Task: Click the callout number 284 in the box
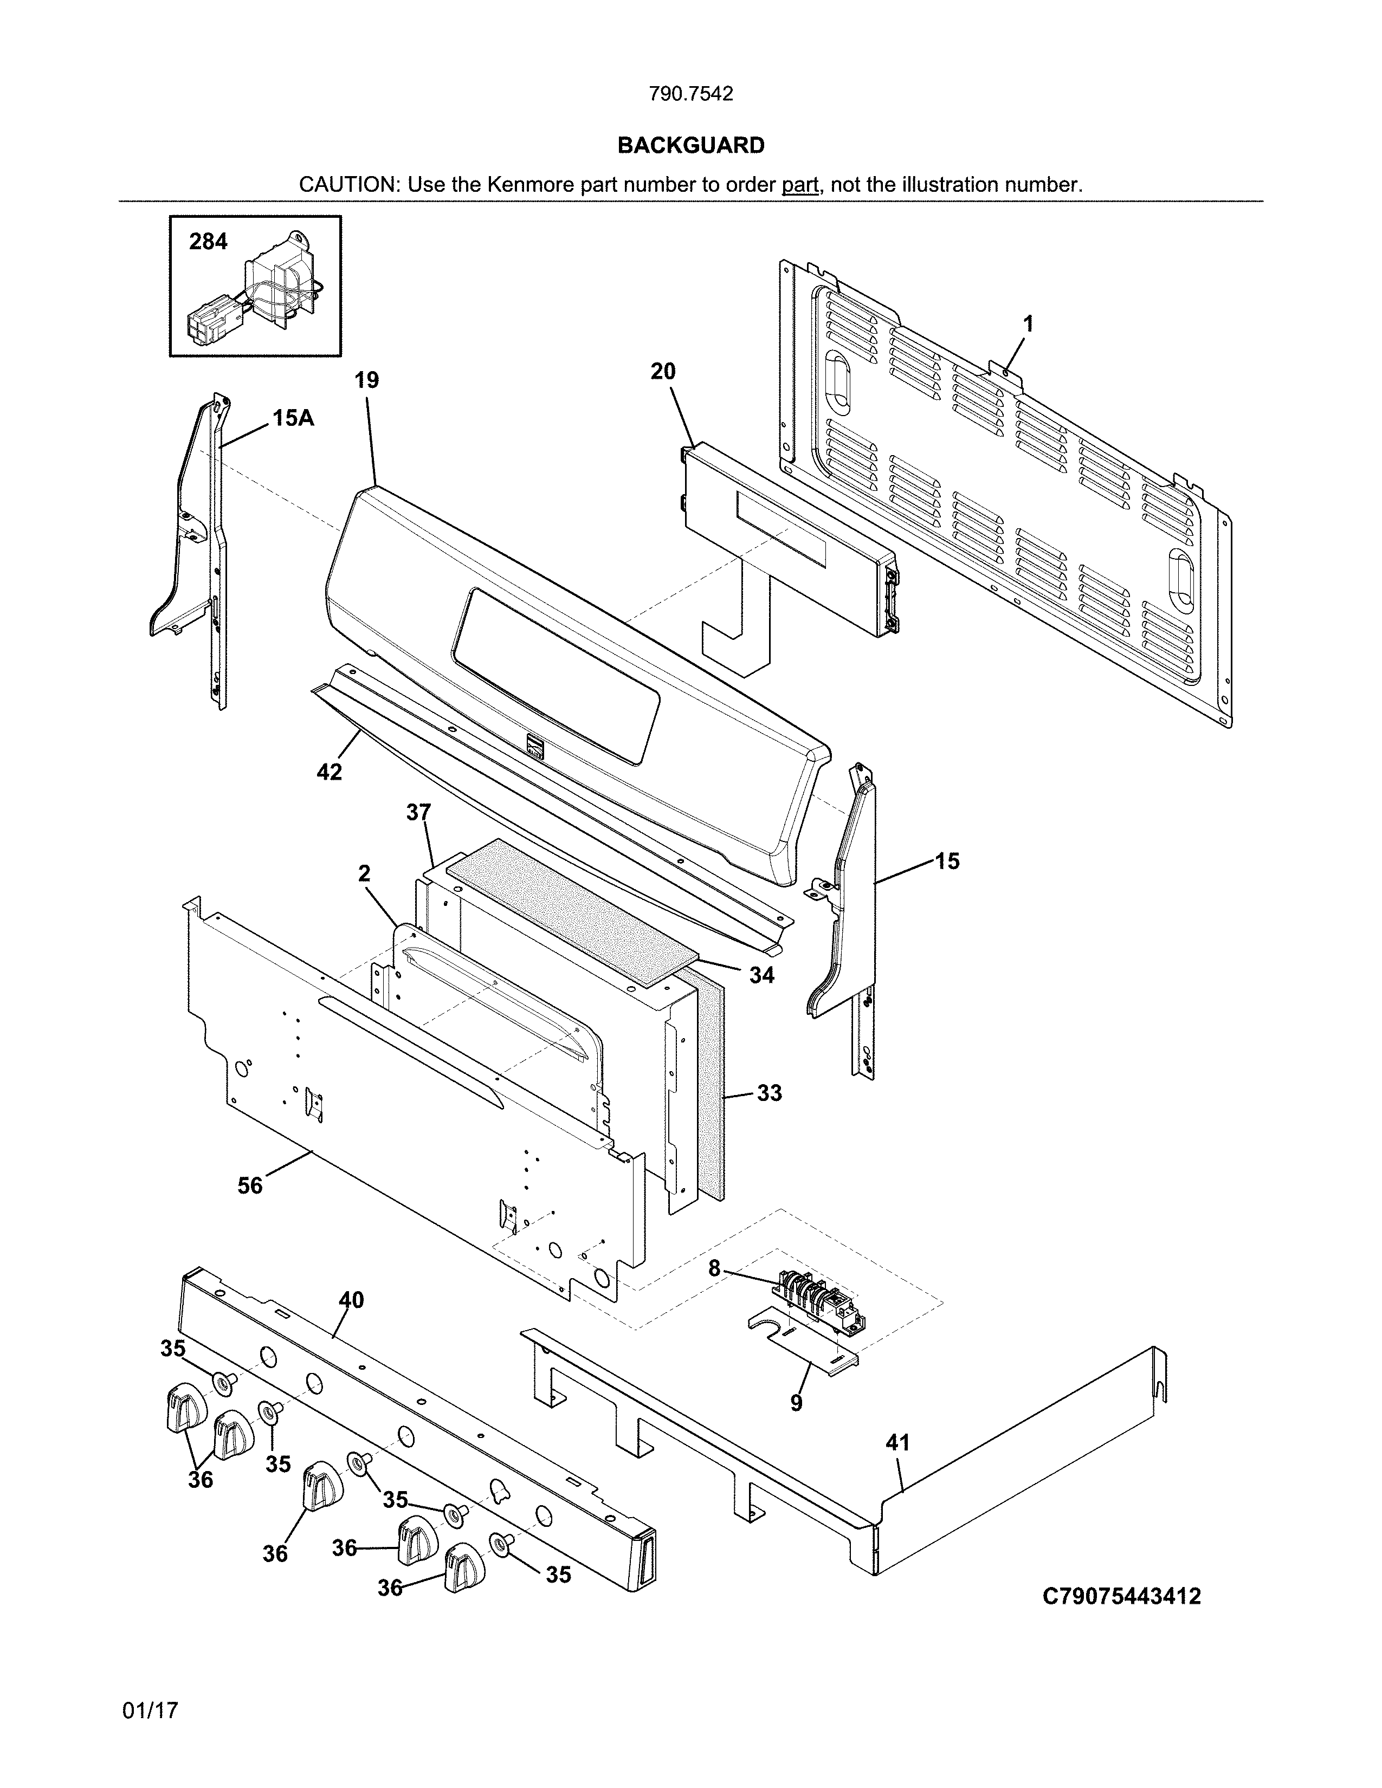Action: (208, 242)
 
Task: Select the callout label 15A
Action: (292, 418)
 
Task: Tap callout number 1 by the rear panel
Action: (1028, 323)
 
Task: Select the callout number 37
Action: (418, 812)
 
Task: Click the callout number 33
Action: (769, 1092)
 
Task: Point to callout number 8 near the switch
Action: (714, 1268)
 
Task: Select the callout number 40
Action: (351, 1299)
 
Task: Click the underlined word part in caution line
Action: (800, 185)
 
